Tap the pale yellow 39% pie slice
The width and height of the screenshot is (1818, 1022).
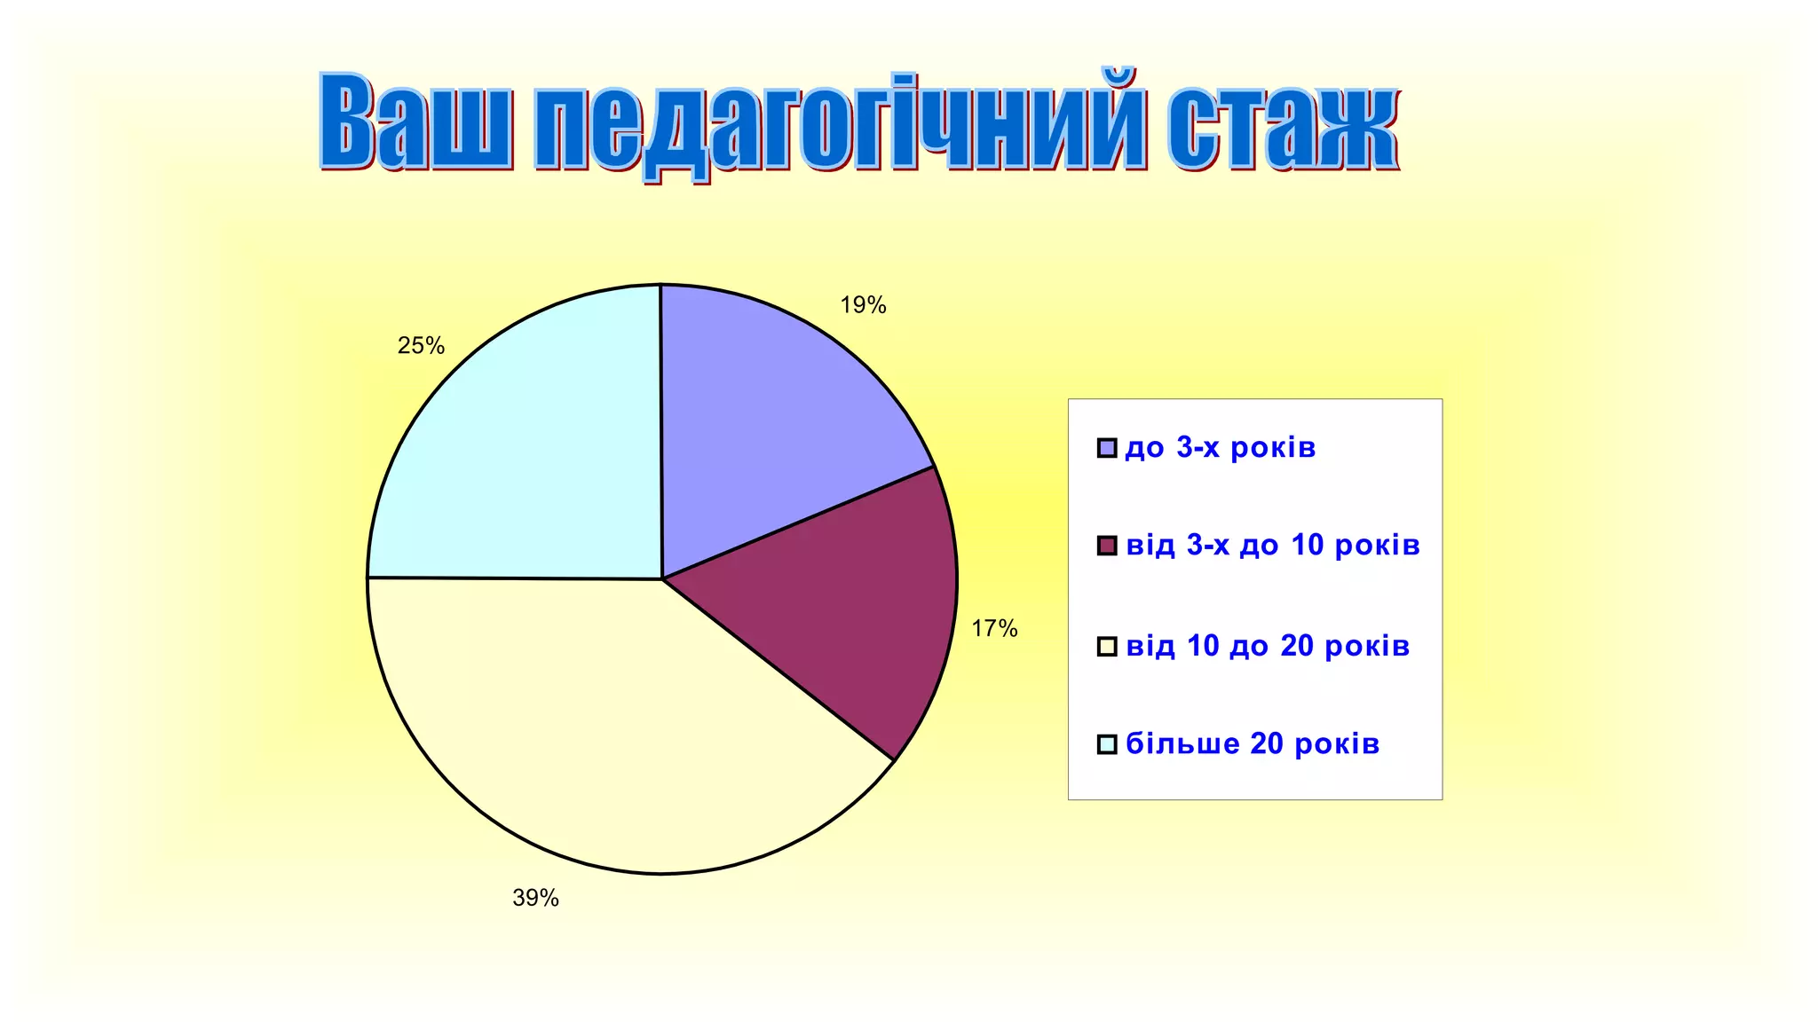click(604, 727)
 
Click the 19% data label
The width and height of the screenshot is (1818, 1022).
click(863, 305)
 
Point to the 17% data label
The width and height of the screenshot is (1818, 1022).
click(994, 629)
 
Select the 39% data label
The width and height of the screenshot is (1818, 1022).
click(535, 898)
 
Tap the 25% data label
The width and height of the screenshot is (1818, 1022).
click(421, 346)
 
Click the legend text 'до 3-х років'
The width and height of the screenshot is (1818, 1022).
click(1220, 448)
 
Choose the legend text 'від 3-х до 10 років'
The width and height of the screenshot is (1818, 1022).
click(1273, 545)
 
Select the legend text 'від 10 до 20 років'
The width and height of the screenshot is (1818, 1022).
click(1268, 646)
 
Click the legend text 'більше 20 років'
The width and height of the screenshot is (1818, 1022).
click(1253, 743)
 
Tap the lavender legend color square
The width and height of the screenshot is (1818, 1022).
click(1107, 448)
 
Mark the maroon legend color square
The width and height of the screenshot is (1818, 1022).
click(1107, 546)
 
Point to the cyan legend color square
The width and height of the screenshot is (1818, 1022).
click(1107, 744)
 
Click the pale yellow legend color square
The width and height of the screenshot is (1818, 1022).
click(1107, 647)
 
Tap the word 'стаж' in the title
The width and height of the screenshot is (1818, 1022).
click(1282, 124)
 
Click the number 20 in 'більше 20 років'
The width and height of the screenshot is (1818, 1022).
click(1267, 743)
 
